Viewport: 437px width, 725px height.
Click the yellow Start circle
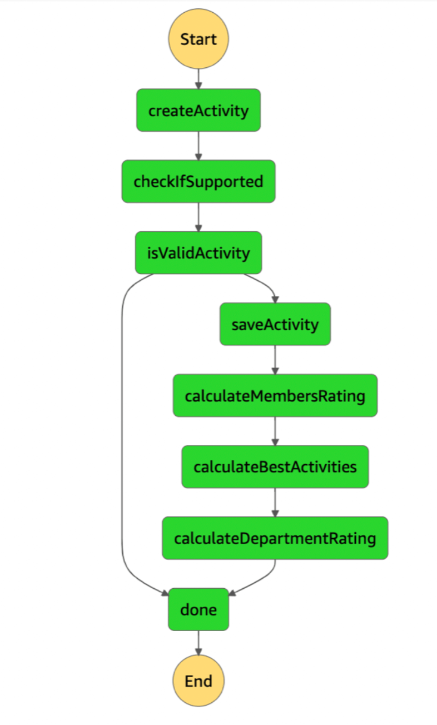tap(198, 39)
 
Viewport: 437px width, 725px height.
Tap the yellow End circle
tap(198, 681)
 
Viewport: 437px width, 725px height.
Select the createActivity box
tap(198, 110)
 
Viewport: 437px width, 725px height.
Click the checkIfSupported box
tap(198, 181)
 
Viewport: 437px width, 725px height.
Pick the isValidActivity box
tap(198, 253)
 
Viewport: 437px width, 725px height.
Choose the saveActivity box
tap(275, 324)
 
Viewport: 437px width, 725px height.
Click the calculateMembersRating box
tap(275, 395)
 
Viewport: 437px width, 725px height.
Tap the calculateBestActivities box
tap(275, 466)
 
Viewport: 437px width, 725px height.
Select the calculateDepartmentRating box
tap(275, 538)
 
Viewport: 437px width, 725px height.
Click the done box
tap(198, 609)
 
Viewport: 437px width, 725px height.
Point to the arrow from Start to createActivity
tap(198, 79)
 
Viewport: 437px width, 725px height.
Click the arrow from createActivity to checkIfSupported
tap(198, 146)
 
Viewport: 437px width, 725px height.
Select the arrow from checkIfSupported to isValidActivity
tap(198, 217)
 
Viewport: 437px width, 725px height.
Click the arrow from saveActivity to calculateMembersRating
tap(275, 360)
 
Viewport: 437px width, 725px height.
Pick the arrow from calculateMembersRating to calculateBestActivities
tap(275, 431)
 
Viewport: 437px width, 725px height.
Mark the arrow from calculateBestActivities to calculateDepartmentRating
tap(275, 502)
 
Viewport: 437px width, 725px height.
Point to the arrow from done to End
tap(198, 643)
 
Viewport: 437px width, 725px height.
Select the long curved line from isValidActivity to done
tap(122, 434)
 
